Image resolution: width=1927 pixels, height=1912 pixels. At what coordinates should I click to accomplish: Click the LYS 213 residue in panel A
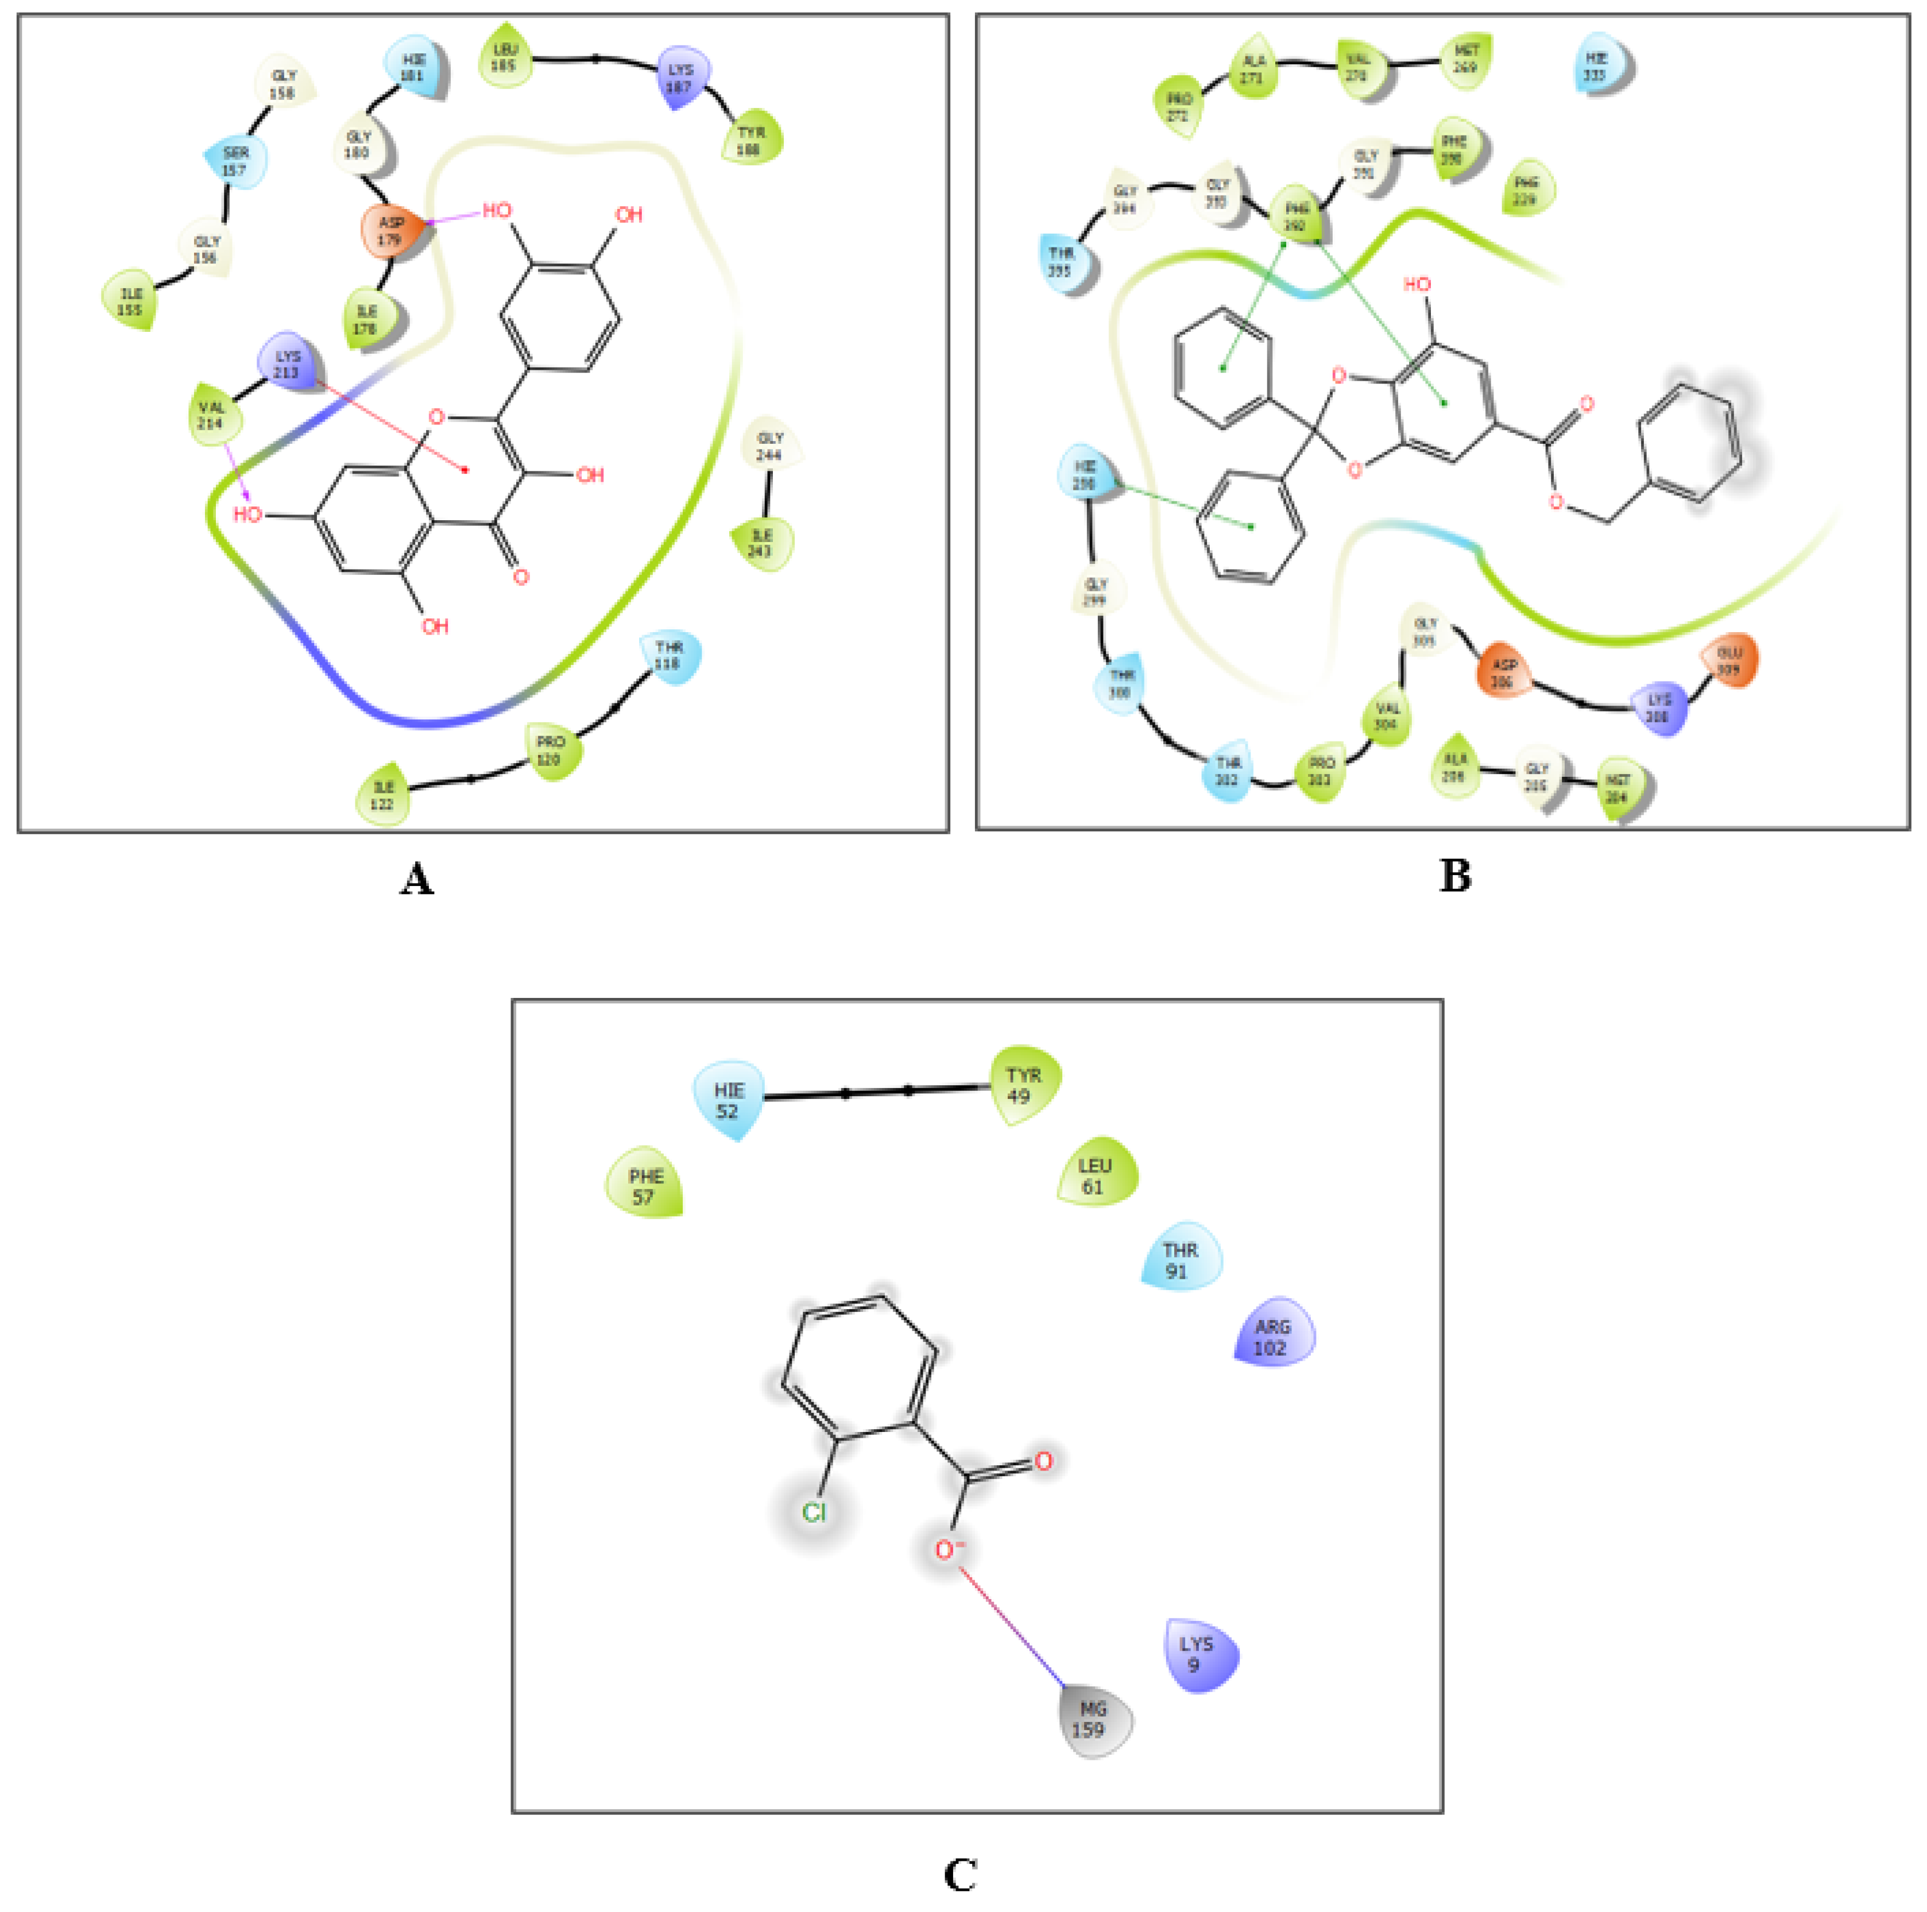click(x=287, y=363)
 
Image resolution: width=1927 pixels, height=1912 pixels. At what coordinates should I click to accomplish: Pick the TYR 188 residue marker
click(x=751, y=140)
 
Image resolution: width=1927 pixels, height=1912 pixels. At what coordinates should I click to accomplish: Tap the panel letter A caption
click(x=417, y=880)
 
